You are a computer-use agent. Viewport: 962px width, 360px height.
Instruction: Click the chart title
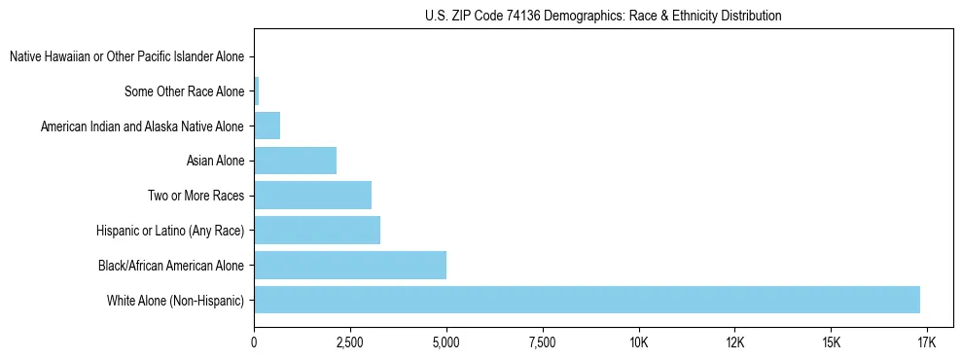pos(603,16)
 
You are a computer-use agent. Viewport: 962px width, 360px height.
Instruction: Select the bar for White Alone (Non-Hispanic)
pos(587,300)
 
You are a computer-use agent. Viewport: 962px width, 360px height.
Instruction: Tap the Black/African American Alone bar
pos(350,265)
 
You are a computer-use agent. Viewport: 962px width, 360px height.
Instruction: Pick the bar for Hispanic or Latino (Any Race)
pos(317,231)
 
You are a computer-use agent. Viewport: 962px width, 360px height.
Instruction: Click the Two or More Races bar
pos(312,196)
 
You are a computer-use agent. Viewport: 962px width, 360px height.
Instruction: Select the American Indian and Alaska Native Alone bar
pos(267,126)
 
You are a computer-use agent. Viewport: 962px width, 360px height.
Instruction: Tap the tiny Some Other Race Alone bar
pos(257,91)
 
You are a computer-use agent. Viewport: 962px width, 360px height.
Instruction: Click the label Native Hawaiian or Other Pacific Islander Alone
pos(126,57)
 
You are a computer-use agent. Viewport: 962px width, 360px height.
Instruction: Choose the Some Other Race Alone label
pos(185,91)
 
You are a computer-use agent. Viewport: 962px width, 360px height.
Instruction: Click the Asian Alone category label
pos(216,161)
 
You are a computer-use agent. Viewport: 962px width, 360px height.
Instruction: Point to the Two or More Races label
pos(196,196)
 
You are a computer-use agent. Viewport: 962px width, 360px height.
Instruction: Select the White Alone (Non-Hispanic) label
pos(176,300)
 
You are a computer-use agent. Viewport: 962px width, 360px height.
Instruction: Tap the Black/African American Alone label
pos(171,265)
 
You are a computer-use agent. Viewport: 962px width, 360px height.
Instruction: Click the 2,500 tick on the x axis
pos(350,343)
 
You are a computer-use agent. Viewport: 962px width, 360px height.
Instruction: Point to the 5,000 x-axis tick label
pos(445,343)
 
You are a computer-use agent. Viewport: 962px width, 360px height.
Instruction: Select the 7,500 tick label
pos(542,343)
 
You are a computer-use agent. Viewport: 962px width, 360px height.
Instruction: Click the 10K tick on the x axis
pos(638,343)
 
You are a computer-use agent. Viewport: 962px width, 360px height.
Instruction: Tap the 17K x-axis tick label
pos(926,343)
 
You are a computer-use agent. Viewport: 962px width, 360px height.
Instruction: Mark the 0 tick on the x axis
pos(254,343)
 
